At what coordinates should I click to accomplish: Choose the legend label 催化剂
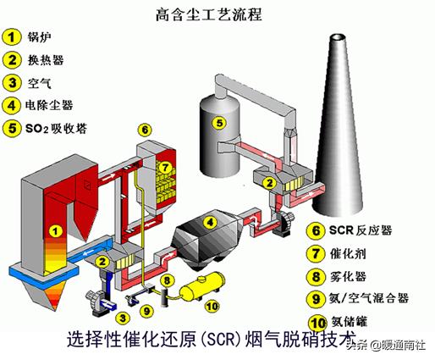[348, 253]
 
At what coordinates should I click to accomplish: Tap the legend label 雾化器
[348, 276]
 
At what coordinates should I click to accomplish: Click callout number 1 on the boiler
[55, 229]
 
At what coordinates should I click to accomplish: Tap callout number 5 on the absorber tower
[218, 123]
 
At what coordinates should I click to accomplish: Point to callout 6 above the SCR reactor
[145, 130]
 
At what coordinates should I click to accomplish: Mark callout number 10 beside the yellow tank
[212, 306]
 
